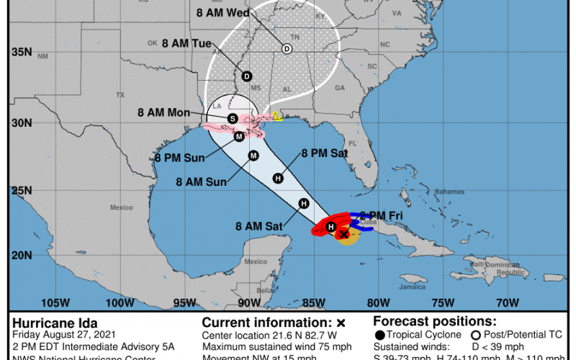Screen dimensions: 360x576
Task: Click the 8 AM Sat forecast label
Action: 259,225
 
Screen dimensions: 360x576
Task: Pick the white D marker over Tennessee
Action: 287,48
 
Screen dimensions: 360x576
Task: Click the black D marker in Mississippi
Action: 246,76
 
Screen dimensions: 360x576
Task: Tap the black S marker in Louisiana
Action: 232,118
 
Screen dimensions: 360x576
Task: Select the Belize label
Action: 266,291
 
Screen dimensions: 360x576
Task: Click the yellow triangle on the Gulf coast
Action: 278,116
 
